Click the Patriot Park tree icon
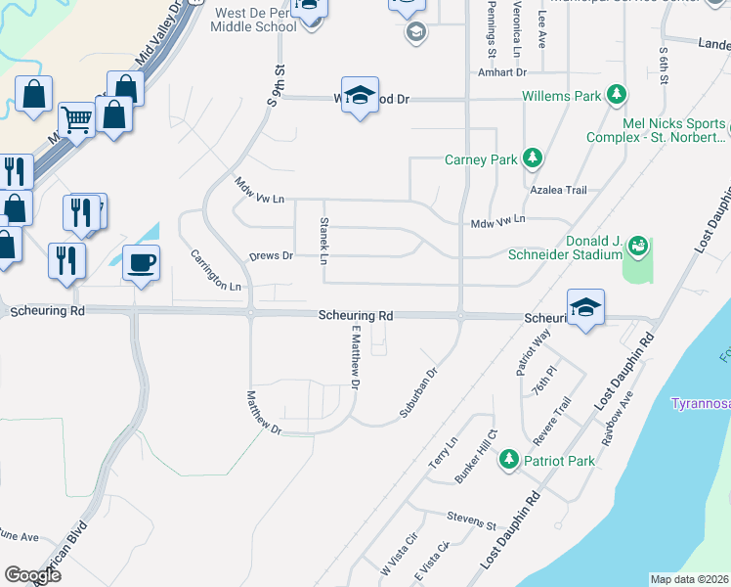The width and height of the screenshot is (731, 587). [x=508, y=459]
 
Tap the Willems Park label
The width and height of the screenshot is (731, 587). [x=561, y=96]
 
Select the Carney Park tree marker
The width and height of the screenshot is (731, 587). [x=532, y=158]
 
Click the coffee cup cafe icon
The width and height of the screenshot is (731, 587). [x=142, y=263]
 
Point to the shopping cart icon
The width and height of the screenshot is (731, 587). [x=76, y=119]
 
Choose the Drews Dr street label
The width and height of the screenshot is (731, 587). [x=271, y=255]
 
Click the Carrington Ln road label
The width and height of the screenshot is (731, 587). [x=215, y=271]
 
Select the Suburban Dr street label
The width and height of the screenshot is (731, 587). [x=417, y=394]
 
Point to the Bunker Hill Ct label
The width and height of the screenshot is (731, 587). [x=477, y=455]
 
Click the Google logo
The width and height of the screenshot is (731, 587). [x=33, y=574]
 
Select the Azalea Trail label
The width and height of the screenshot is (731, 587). [x=557, y=190]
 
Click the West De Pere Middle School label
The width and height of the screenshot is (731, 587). [x=252, y=20]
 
